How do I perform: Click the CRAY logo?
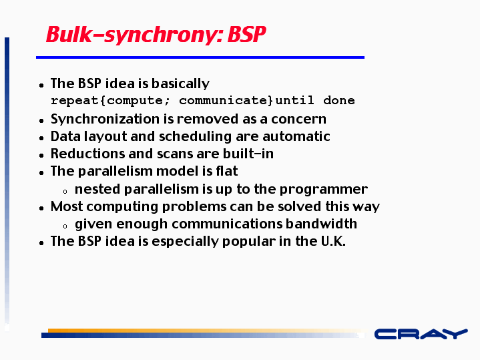(421, 334)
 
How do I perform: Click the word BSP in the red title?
(246, 34)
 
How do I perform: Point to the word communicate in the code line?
(224, 100)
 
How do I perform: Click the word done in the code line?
(339, 100)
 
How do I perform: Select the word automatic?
(296, 137)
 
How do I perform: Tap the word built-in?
(248, 154)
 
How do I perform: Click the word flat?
(227, 171)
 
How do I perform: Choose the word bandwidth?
(321, 224)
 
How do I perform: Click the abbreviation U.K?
(333, 241)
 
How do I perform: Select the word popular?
(248, 242)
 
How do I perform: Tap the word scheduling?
(195, 137)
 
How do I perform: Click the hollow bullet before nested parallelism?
(65, 192)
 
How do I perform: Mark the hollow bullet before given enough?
(65, 226)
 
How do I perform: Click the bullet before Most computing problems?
(41, 208)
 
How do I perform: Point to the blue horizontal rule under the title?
(200, 57)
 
